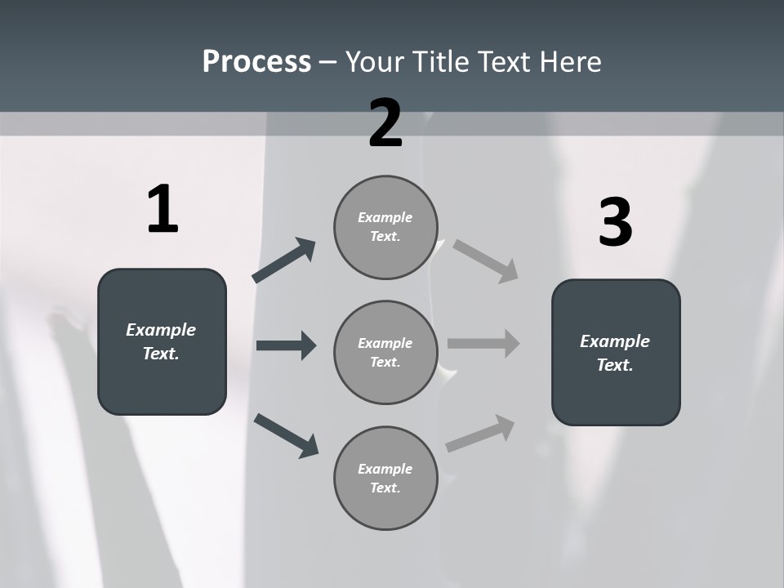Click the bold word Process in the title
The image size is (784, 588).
256,62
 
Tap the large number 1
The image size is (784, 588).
163,210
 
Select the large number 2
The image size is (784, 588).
385,123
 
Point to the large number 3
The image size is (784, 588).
615,223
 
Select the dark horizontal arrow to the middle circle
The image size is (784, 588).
286,345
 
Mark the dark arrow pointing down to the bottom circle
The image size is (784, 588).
286,434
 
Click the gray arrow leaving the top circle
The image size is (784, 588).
485,261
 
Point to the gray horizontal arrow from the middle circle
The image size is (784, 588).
483,343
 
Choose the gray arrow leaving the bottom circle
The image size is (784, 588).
480,434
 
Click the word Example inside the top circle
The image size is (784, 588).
385,217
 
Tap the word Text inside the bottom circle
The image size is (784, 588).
385,488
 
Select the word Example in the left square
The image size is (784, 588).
161,330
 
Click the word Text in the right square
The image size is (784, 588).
614,365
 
